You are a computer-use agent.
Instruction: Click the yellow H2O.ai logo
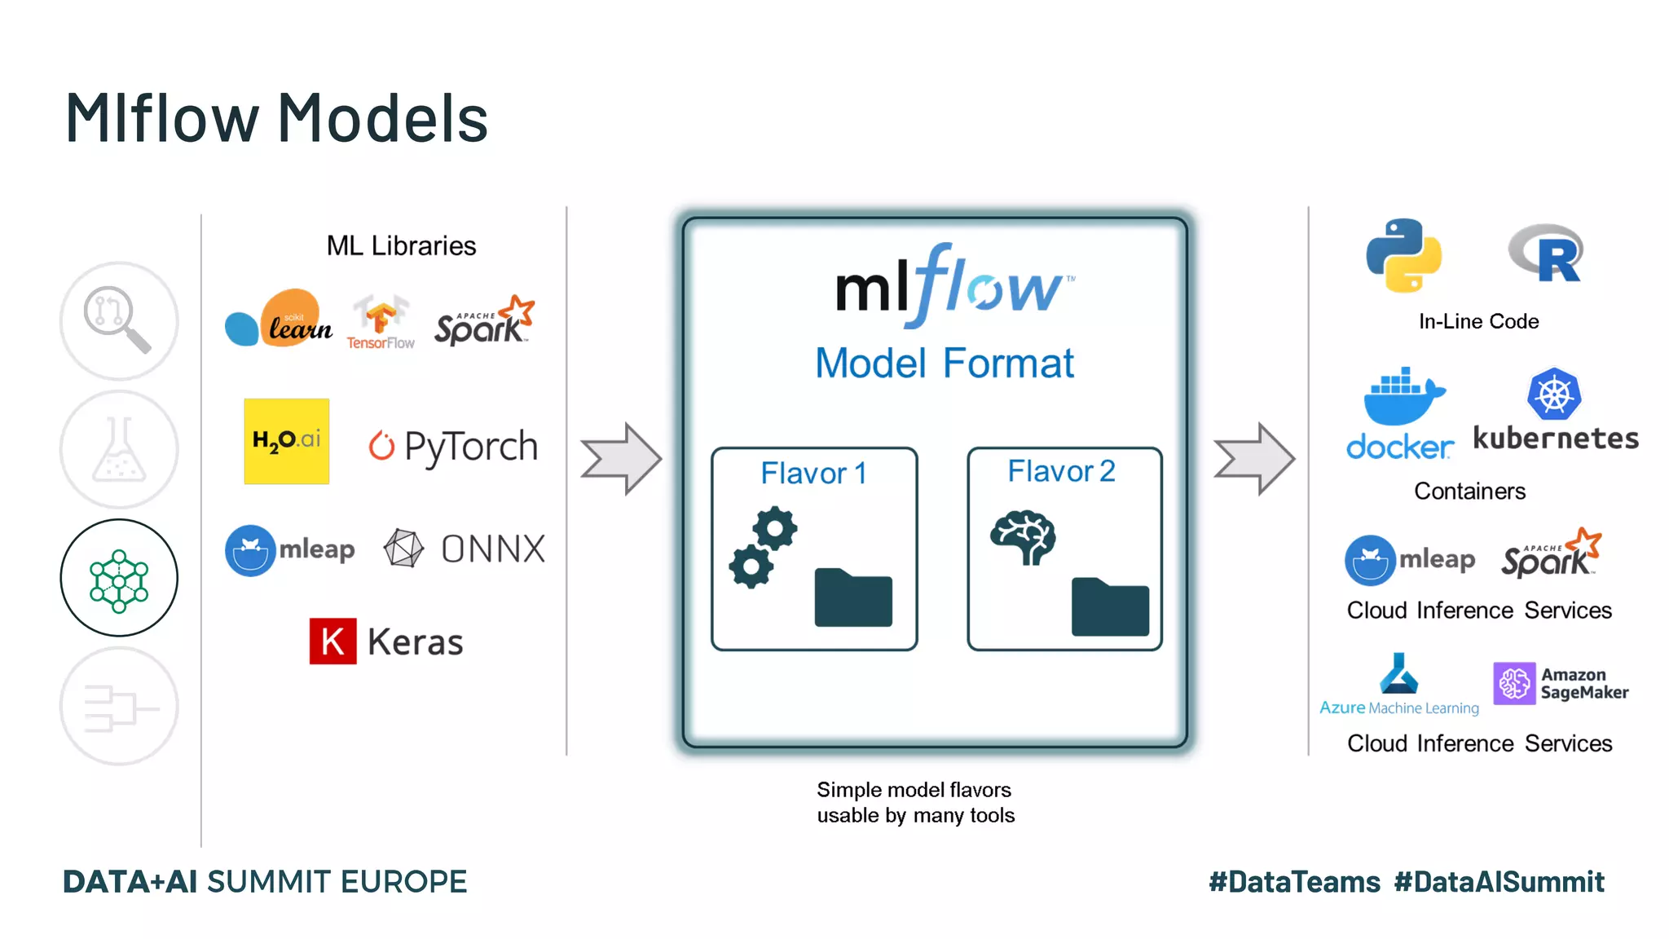tap(286, 441)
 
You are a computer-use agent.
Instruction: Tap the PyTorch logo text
tap(470, 447)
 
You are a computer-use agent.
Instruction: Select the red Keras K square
tap(332, 641)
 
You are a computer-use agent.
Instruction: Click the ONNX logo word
tap(493, 549)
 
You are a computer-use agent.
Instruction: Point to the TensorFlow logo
tap(381, 322)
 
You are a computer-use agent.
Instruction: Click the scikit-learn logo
tap(279, 319)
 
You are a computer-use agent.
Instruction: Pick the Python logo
tap(1403, 255)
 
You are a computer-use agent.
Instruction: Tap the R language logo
tap(1547, 253)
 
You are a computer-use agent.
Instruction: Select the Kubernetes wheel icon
tap(1554, 395)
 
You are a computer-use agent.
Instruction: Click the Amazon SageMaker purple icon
tap(1514, 683)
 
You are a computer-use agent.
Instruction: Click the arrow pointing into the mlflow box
tap(620, 458)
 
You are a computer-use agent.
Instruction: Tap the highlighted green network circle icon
tap(119, 578)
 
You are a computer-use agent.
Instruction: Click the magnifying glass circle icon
tap(119, 320)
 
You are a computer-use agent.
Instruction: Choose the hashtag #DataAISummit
tap(1499, 882)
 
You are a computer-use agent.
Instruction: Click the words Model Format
tap(945, 364)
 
